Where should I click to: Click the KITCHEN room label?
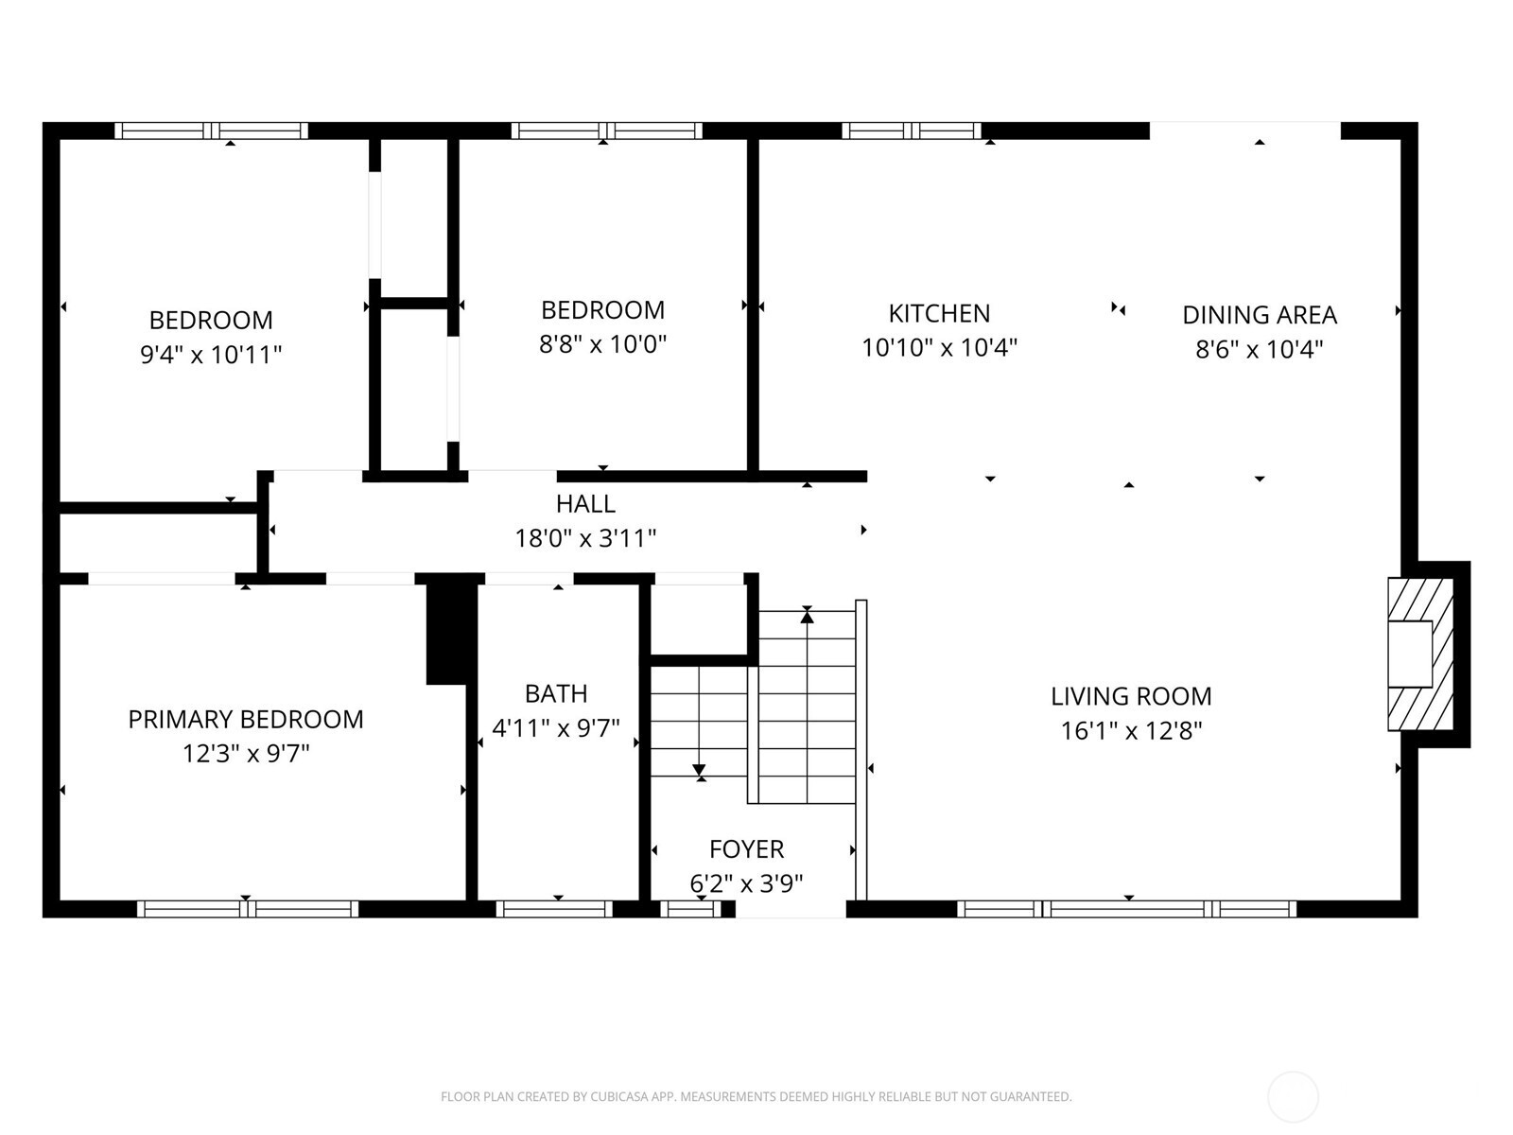click(x=939, y=313)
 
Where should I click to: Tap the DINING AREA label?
click(x=1259, y=315)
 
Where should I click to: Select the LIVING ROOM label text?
click(x=1131, y=696)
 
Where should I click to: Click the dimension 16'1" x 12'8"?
click(x=1131, y=731)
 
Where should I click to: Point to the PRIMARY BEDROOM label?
click(x=246, y=720)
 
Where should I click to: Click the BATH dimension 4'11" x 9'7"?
click(x=556, y=728)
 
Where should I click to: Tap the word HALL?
click(x=585, y=504)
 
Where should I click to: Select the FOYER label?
click(x=746, y=849)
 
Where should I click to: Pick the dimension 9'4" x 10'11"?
click(x=211, y=356)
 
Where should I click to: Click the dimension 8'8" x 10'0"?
click(x=603, y=344)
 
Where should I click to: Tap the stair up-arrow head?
click(x=807, y=616)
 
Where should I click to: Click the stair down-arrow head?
click(x=699, y=771)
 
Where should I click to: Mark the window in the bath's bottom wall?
click(x=555, y=909)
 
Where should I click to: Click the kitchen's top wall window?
click(x=912, y=131)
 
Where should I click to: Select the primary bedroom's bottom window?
click(x=248, y=909)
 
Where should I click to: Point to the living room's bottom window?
click(x=1126, y=909)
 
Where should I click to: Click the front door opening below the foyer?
click(x=791, y=911)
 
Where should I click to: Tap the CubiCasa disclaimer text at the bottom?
click(x=756, y=1097)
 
